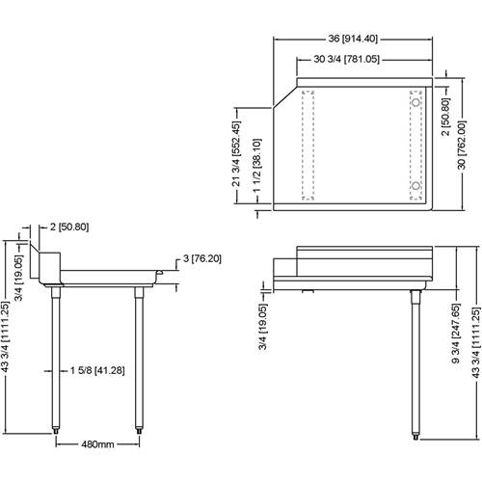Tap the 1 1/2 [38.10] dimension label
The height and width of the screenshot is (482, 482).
point(256,162)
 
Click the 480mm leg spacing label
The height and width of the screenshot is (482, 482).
point(99,444)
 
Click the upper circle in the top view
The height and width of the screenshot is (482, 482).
point(415,102)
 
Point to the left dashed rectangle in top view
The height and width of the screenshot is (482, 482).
point(308,145)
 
